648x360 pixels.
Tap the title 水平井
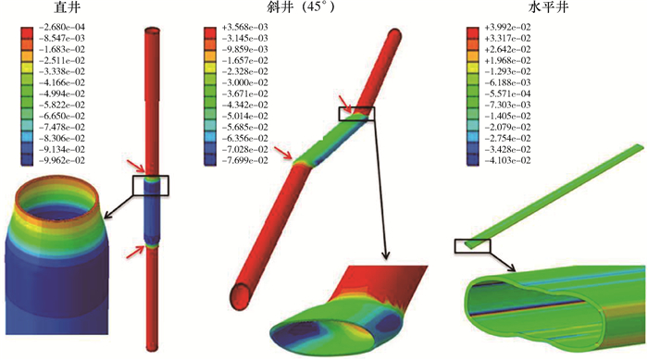548,7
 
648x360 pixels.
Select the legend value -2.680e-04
61,27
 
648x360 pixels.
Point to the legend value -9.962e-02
61,161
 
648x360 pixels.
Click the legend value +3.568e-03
244,27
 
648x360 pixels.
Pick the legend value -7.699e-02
244,161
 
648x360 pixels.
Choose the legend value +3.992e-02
507,27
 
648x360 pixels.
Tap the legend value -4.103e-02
507,161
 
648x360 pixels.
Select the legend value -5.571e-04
507,93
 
